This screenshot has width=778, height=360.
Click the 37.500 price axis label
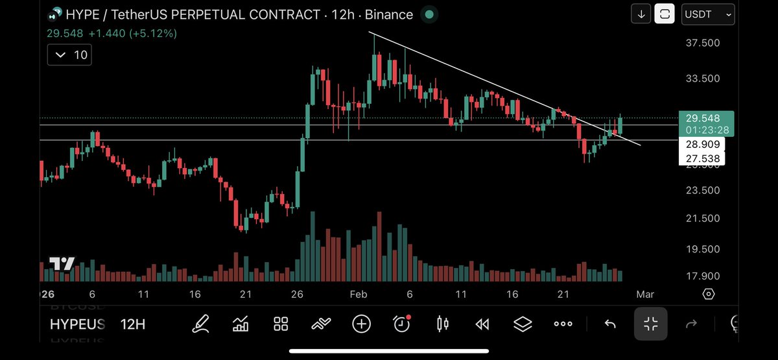click(702, 43)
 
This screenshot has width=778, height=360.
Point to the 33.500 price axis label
click(702, 78)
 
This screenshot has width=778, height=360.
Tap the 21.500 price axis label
click(702, 219)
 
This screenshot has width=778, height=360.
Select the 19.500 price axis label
click(702, 249)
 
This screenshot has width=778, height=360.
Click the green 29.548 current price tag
click(706, 118)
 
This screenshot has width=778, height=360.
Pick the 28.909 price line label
click(701, 145)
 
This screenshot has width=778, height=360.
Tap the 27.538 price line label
click(701, 158)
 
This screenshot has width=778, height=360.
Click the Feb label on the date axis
click(359, 294)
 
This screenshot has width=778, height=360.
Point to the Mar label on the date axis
click(645, 294)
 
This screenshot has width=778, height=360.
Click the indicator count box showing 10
click(71, 55)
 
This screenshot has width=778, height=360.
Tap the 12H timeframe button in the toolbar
click(133, 324)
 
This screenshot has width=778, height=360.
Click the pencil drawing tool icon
click(200, 324)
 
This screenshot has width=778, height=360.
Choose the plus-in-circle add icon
click(361, 324)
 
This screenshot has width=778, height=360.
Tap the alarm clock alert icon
click(402, 323)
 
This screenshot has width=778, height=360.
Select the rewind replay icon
click(482, 324)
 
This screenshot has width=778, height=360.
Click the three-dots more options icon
click(563, 324)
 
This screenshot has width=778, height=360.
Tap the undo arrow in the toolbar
click(609, 324)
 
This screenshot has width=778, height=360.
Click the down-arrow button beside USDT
click(641, 14)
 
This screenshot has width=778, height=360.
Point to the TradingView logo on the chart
click(62, 264)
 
